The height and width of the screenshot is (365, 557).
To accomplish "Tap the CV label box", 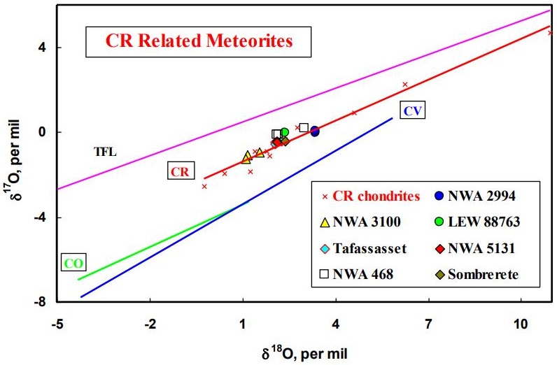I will [x=414, y=109].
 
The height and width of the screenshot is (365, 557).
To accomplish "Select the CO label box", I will [x=73, y=263].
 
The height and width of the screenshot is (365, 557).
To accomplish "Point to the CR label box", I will [x=179, y=171].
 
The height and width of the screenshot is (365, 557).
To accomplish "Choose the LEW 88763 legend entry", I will [x=479, y=222].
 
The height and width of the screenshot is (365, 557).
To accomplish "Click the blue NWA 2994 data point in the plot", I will [x=315, y=131].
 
